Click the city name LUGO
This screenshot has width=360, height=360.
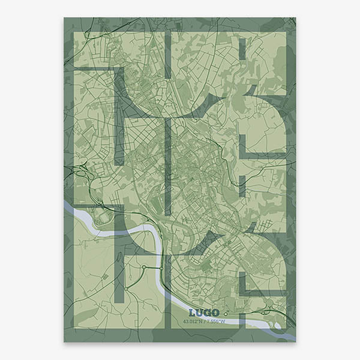[203, 313]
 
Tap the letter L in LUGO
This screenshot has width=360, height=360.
[192, 313]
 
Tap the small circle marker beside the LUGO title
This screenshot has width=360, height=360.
[224, 313]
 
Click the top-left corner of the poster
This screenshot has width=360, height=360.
[64, 17]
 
